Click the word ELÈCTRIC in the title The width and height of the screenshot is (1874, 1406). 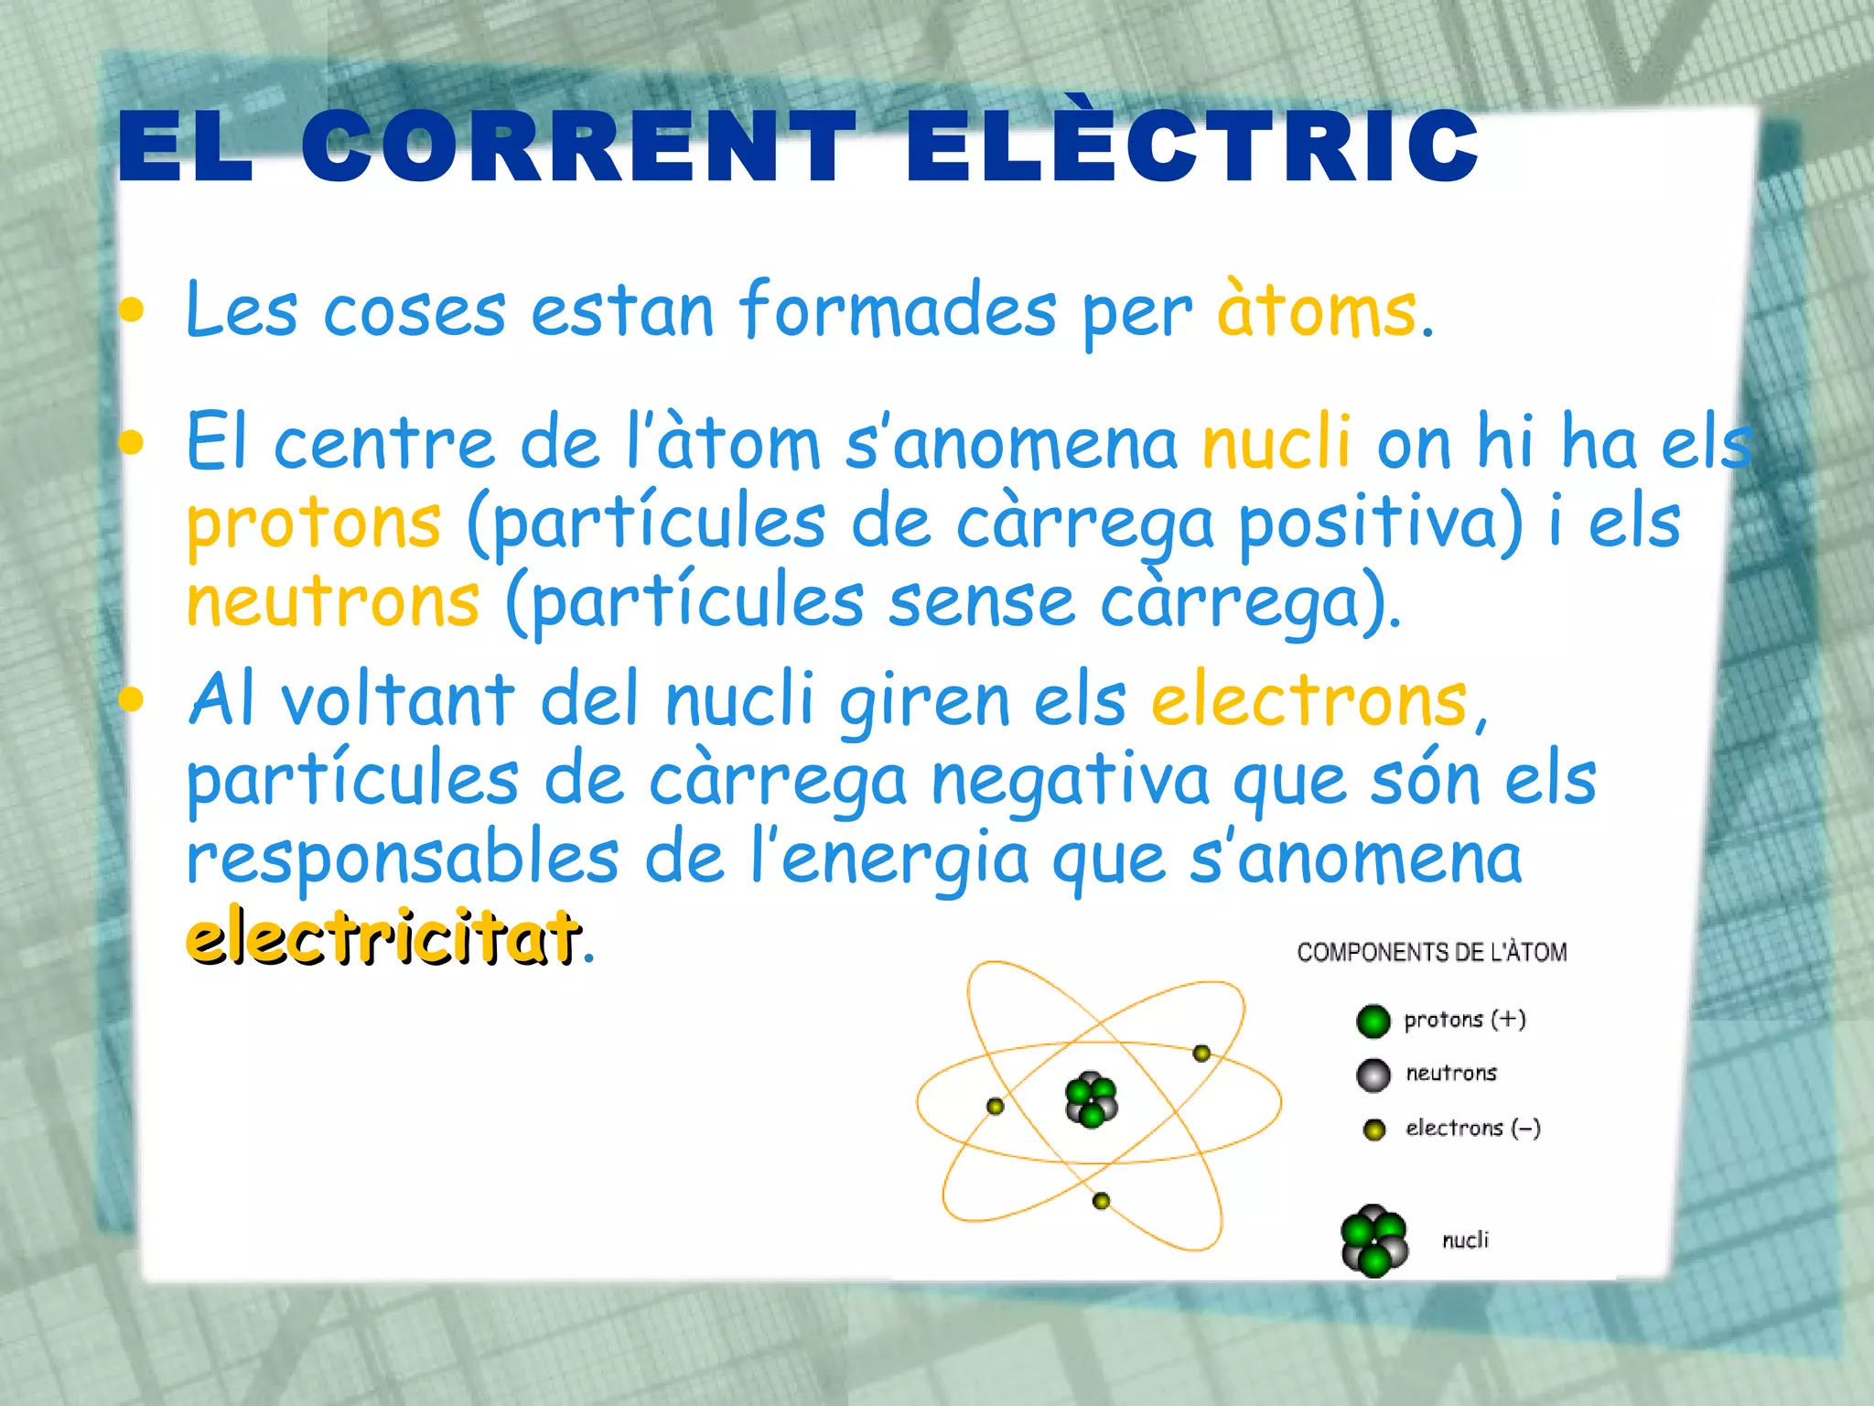(x=1191, y=146)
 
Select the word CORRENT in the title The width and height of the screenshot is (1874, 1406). (x=578, y=146)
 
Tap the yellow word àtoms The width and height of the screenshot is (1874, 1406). (x=1317, y=311)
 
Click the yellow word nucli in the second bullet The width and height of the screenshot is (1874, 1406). (x=1276, y=441)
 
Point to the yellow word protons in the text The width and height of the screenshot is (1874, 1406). (x=314, y=524)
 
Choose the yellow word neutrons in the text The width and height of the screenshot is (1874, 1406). (x=332, y=601)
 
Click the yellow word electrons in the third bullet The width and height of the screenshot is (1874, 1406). (x=1309, y=701)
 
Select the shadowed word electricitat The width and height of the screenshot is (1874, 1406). (x=382, y=936)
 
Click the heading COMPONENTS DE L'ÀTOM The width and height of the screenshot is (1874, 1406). (x=1431, y=953)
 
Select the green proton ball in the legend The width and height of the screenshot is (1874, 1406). (x=1373, y=1021)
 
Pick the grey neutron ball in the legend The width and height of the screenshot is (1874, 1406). (x=1373, y=1075)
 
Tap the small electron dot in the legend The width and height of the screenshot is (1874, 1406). (x=1373, y=1130)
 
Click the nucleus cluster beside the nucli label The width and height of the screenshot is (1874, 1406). (x=1373, y=1240)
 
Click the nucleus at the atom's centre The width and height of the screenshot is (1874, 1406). (x=1091, y=1099)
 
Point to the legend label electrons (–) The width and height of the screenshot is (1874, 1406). (x=1472, y=1128)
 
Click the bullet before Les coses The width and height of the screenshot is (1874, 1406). (x=132, y=311)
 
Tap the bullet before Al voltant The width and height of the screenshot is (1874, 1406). (x=132, y=700)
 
